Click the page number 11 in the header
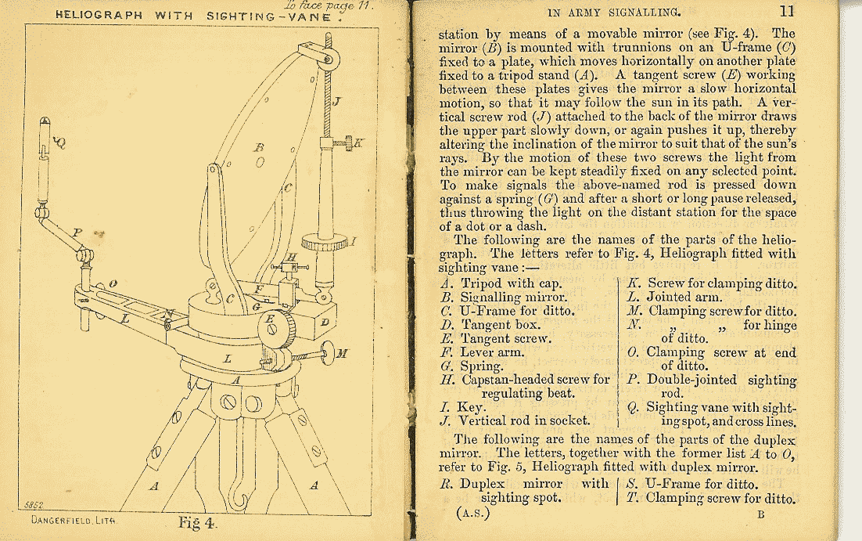[786, 11]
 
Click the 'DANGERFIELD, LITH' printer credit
[73, 520]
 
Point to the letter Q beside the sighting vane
[60, 142]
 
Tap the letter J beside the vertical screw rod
[336, 102]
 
